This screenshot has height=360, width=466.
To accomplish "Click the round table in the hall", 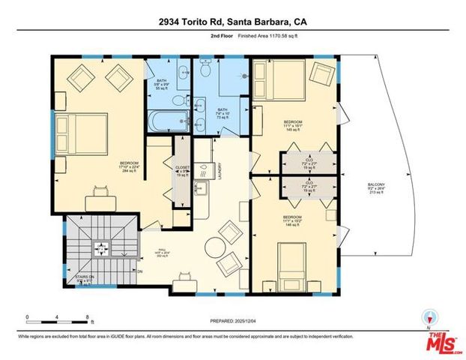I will coord(215,247).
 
